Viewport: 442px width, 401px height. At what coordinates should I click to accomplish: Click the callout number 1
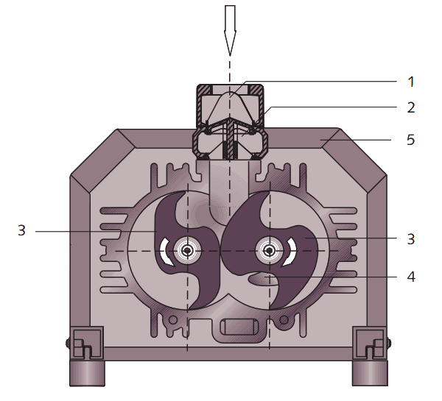click(411, 82)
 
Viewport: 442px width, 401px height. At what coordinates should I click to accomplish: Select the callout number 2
click(411, 107)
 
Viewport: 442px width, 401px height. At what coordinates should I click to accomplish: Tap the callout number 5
click(411, 140)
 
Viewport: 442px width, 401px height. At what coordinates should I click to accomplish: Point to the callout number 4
click(411, 277)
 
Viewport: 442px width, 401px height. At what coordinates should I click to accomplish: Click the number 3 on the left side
click(21, 230)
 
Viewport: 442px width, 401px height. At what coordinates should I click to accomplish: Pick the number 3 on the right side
click(411, 239)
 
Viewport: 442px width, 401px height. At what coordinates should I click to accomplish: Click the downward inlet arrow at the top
click(230, 30)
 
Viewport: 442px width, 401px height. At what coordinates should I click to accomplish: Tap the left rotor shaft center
click(187, 250)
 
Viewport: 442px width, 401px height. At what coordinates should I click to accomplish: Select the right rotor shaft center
click(270, 250)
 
